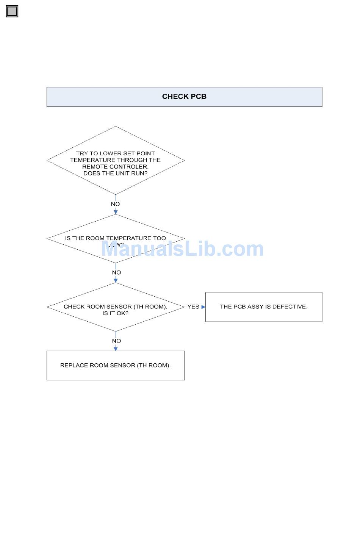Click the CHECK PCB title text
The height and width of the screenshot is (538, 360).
click(184, 97)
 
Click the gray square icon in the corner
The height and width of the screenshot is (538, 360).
click(12, 11)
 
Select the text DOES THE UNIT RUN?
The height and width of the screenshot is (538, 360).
click(115, 174)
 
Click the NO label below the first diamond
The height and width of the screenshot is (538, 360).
click(115, 204)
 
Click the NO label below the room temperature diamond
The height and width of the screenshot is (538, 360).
click(116, 273)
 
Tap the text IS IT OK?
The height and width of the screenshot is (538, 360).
click(115, 313)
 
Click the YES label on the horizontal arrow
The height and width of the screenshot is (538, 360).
click(193, 307)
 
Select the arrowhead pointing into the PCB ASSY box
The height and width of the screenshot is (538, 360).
click(203, 307)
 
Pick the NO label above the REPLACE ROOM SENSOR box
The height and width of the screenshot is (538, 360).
click(116, 341)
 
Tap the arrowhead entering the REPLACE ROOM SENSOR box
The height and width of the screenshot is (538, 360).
click(116, 349)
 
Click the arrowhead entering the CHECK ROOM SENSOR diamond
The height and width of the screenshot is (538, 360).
click(116, 281)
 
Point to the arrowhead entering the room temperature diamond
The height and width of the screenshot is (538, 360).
click(116, 212)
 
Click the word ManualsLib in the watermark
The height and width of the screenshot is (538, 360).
click(159, 249)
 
